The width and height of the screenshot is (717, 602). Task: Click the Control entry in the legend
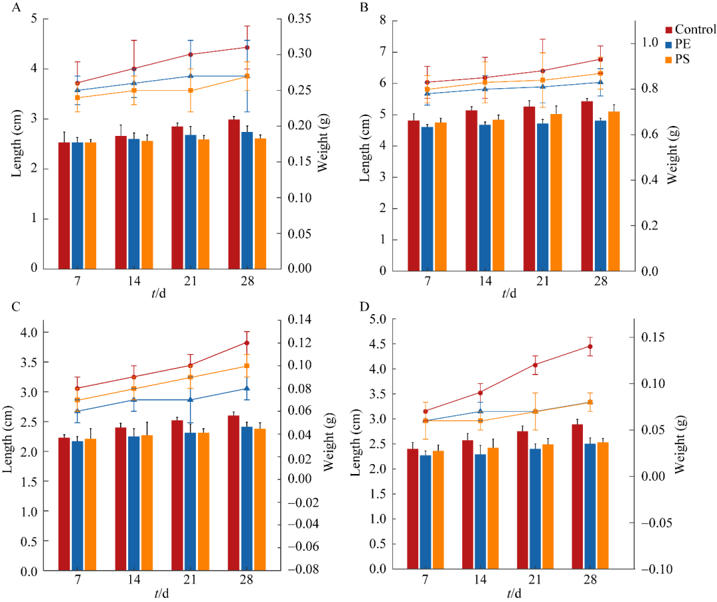[x=695, y=29]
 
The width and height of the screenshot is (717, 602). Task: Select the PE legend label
[x=683, y=44]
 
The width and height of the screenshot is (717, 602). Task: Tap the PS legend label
[x=683, y=60]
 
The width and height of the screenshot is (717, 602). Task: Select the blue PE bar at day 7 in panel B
[x=427, y=198]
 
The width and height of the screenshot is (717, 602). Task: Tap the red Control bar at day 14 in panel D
[x=467, y=504]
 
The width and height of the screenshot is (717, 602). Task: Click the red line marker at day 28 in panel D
[x=590, y=346]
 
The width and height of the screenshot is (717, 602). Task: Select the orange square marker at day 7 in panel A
[x=78, y=97]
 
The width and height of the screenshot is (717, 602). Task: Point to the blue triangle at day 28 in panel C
[x=246, y=389]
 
